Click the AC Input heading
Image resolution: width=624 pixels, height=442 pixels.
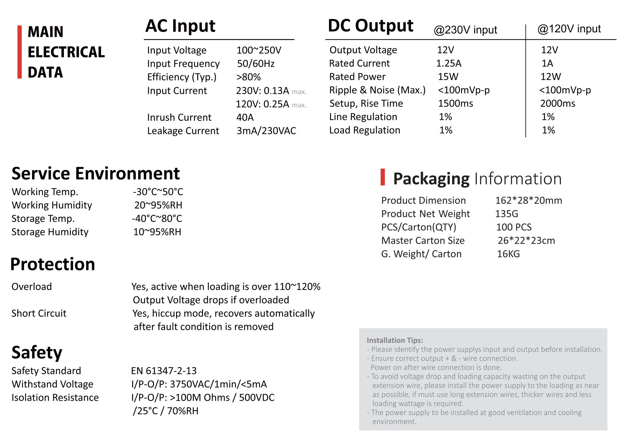point(180,26)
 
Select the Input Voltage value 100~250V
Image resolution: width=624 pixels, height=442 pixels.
point(258,50)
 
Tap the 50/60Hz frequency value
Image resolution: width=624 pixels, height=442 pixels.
point(256,64)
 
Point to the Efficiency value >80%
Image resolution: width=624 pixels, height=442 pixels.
point(249,77)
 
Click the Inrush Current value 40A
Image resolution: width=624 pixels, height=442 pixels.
point(245,118)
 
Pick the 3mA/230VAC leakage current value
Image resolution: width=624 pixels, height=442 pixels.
point(266,131)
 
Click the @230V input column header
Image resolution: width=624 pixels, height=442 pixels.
point(465,30)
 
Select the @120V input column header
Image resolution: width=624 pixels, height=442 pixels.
point(569,29)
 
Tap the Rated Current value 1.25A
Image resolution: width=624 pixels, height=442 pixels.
point(449,63)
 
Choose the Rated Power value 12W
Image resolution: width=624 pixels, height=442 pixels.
point(551,77)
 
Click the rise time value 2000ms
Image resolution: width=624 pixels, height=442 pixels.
point(558,103)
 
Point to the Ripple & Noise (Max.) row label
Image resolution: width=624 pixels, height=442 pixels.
point(377,90)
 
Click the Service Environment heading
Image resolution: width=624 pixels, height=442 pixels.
point(96,174)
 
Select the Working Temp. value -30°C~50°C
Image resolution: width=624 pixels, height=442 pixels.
point(158,192)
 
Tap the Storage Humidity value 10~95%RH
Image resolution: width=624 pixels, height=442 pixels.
point(157,232)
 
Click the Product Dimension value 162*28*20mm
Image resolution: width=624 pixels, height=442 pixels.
point(528,201)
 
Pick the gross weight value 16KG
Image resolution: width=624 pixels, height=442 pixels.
point(508,254)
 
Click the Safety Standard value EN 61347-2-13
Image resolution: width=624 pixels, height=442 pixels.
point(164,371)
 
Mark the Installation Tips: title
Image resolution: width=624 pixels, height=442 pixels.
point(395,340)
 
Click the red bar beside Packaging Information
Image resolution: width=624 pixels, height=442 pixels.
point(383,177)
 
